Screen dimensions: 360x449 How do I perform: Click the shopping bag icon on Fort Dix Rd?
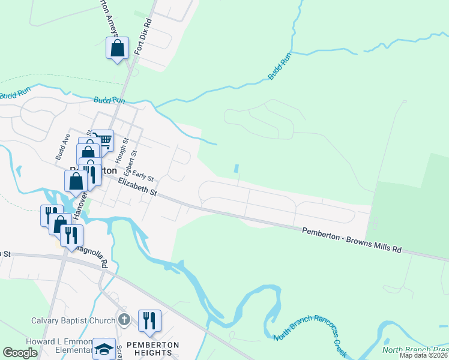118,47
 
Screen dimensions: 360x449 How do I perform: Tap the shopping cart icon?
104,140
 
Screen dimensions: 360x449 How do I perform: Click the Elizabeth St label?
137,187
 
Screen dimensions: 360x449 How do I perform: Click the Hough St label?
124,148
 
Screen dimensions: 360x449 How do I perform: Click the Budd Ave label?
60,147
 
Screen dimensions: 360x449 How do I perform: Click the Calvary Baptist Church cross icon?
124,319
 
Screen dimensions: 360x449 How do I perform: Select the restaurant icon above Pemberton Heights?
149,320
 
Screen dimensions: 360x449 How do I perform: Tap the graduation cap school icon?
104,349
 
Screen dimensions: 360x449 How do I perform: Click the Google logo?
20,353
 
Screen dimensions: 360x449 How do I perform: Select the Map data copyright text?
424,355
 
